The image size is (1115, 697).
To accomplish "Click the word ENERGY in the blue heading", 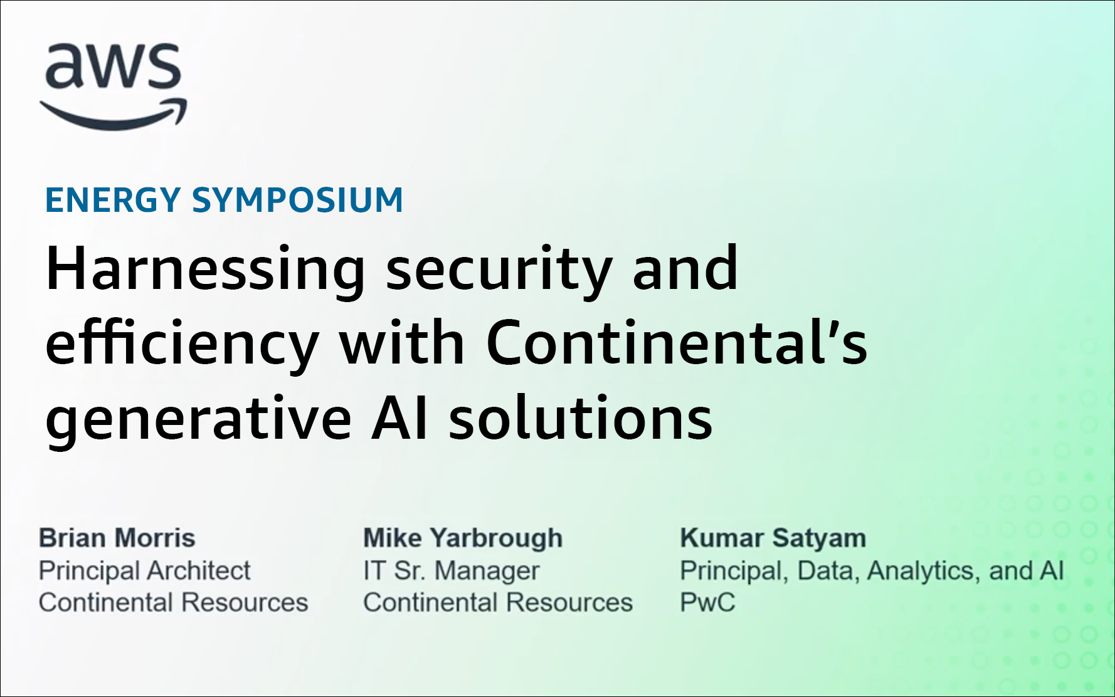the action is tap(113, 200).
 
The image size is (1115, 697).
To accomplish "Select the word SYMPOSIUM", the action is tap(297, 200).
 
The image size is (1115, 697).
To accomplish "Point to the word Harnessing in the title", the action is tap(206, 270).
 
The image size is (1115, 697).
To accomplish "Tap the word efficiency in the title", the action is tap(182, 345).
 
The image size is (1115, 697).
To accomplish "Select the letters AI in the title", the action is tap(400, 418).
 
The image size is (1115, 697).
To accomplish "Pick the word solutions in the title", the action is tap(581, 417).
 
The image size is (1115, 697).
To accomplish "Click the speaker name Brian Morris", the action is tap(117, 538).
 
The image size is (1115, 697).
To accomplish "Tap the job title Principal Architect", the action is tap(144, 571).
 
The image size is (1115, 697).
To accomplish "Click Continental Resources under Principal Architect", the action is tap(174, 602).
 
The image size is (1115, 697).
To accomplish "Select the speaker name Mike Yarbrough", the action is tap(463, 538).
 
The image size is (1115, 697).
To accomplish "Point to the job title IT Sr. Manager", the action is tap(452, 571).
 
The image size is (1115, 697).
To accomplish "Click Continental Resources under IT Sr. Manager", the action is tap(498, 602).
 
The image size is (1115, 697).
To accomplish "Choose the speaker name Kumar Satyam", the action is tap(773, 538).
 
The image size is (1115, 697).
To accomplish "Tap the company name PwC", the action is tap(707, 602).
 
